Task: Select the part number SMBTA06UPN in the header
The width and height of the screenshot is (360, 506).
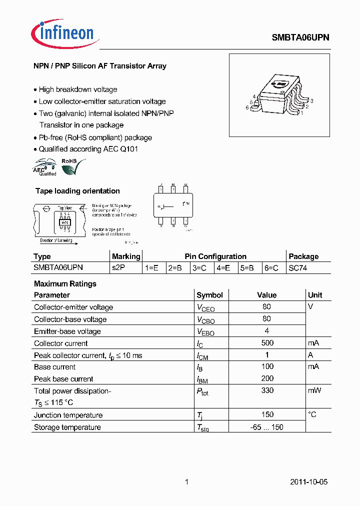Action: (x=300, y=37)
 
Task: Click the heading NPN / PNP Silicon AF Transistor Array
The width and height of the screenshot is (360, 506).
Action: (x=100, y=66)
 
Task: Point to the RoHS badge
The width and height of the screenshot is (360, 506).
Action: (x=71, y=166)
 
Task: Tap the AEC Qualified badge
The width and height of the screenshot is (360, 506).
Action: (x=45, y=167)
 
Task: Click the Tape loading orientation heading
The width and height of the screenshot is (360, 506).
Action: (x=77, y=191)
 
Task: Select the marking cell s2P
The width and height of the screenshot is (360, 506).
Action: (x=118, y=268)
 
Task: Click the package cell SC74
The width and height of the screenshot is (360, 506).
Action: (x=298, y=268)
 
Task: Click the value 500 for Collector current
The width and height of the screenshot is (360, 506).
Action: (x=267, y=343)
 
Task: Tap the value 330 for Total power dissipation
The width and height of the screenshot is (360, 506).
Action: (x=267, y=390)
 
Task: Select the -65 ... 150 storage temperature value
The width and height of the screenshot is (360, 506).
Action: (x=267, y=427)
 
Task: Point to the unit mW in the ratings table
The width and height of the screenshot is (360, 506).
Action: (x=314, y=390)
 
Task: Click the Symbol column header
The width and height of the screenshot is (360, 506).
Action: (x=209, y=295)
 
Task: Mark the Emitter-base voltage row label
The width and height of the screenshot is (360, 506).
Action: (x=67, y=331)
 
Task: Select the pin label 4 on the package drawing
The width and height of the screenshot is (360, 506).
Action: (x=254, y=96)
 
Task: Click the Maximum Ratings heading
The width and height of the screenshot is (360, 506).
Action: (x=65, y=283)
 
